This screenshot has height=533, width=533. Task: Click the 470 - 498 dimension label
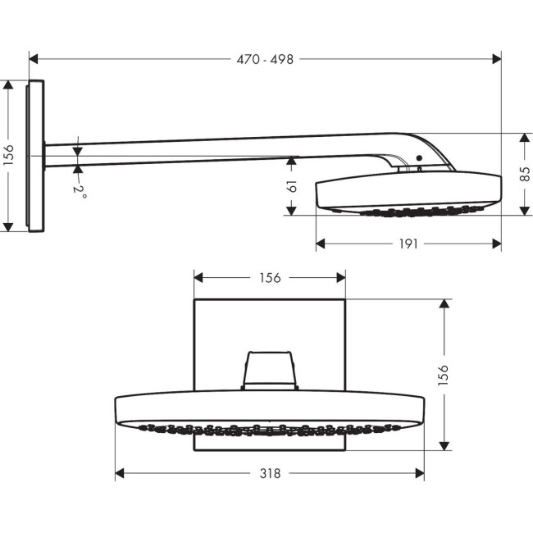pos(264,59)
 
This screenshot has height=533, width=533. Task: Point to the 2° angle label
pos(80,190)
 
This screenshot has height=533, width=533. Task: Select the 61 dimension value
pos(291,187)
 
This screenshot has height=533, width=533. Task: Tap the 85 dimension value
pos(525,174)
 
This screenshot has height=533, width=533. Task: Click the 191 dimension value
pos(408,244)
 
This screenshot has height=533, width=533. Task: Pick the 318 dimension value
pos(270,473)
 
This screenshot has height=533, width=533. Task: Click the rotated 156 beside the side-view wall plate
pos(9,155)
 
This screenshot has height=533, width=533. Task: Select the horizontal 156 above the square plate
pos(269,278)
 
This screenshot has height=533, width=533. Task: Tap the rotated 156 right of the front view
pos(444,374)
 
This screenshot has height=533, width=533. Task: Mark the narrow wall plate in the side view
pos(35,156)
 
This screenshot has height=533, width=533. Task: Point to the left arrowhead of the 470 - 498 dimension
pos(34,59)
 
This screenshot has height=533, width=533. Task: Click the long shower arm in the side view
pos(205,150)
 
